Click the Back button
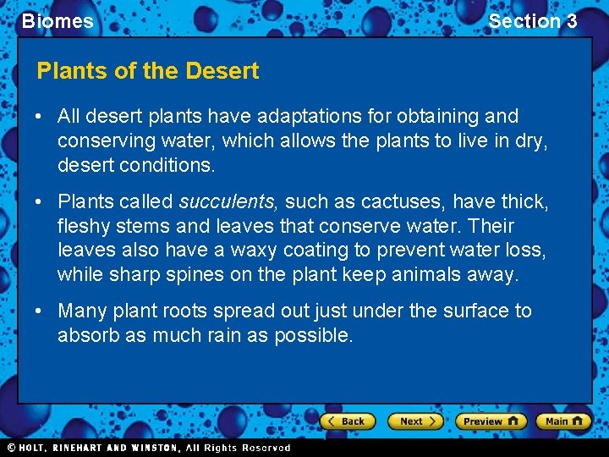pyautogui.click(x=347, y=421)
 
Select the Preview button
pyautogui.click(x=490, y=421)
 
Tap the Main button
pyautogui.click(x=562, y=421)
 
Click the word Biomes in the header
pyautogui.click(x=58, y=21)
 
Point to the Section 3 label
pyautogui.click(x=532, y=21)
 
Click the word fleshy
pyautogui.click(x=82, y=227)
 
